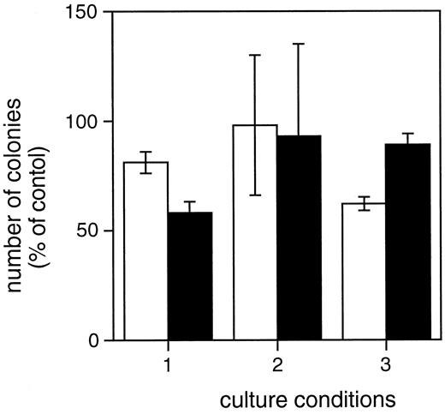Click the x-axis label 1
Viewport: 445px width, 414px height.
168,362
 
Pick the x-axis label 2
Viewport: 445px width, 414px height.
277,362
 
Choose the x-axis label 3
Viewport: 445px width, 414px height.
386,362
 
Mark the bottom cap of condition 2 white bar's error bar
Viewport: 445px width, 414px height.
255,195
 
